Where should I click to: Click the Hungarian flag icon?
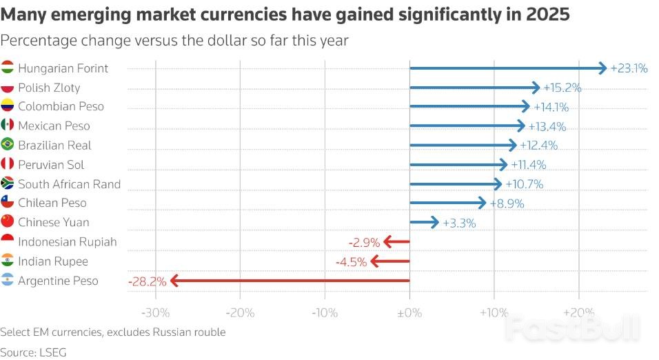click(8, 68)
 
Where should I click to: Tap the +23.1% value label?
click(629, 68)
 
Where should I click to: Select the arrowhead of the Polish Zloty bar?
click(536, 88)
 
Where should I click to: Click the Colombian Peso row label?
click(61, 106)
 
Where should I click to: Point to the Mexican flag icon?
click(8, 126)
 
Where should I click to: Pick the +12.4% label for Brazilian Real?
click(538, 146)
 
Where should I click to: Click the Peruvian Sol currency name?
click(51, 165)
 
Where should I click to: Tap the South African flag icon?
click(8, 184)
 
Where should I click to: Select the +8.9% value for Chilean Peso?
click(507, 203)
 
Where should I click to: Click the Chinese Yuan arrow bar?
click(424, 222)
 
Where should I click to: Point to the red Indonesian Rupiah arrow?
click(396, 242)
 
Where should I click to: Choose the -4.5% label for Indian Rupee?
click(351, 261)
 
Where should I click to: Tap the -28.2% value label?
click(146, 281)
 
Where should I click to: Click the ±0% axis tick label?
click(409, 312)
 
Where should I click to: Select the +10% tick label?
click(494, 312)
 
